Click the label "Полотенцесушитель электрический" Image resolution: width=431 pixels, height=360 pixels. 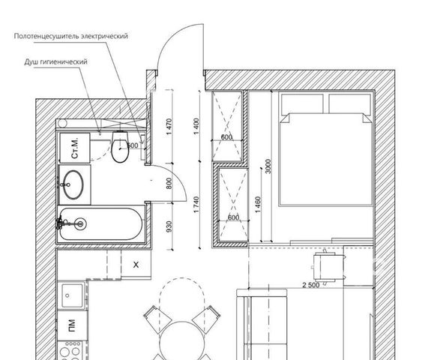click(71, 36)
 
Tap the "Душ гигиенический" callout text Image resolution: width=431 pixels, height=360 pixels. click(55, 61)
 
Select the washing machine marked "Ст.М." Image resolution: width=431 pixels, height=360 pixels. click(75, 148)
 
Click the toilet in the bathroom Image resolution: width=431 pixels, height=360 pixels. click(120, 147)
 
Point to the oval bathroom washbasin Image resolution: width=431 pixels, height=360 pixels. click(73, 184)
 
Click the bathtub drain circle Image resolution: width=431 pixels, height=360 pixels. click(80, 224)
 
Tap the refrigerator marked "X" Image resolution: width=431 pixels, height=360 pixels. click(136, 265)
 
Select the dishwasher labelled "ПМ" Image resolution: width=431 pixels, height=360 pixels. click(72, 325)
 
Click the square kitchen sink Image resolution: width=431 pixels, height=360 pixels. click(72, 295)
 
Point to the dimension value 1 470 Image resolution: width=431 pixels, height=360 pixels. click(169, 127)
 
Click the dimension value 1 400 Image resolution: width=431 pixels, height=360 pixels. click(196, 126)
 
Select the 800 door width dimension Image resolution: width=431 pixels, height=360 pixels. click(169, 184)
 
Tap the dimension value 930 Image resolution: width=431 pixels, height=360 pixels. click(169, 226)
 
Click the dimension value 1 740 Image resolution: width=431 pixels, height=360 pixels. click(196, 204)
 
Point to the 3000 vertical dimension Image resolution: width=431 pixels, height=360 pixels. click(268, 166)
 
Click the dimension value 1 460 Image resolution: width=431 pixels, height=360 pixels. click(258, 204)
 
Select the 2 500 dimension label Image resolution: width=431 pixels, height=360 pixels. click(311, 285)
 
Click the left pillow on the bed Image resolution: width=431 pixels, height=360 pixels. click(302, 103)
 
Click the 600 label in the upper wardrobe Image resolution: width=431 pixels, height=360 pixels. click(226, 136)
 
